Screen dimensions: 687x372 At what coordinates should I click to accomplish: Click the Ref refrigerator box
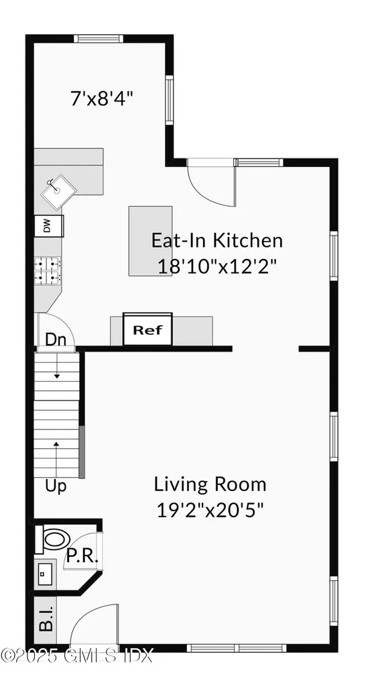pyautogui.click(x=147, y=330)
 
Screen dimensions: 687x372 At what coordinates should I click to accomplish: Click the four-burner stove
pyautogui.click(x=48, y=270)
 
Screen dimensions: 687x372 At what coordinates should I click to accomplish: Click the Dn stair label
pyautogui.click(x=56, y=339)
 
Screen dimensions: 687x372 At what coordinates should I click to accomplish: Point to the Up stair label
pyautogui.click(x=56, y=486)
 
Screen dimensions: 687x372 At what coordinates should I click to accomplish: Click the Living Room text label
pyautogui.click(x=210, y=484)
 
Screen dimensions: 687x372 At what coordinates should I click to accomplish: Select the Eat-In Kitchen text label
pyautogui.click(x=216, y=240)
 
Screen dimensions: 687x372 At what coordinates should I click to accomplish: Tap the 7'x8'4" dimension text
pyautogui.click(x=102, y=99)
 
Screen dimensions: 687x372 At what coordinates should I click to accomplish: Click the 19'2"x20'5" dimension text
pyautogui.click(x=209, y=509)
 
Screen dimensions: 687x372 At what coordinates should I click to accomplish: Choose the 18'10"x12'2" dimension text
pyautogui.click(x=217, y=266)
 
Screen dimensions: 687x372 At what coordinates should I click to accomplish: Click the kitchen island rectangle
pyautogui.click(x=150, y=240)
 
